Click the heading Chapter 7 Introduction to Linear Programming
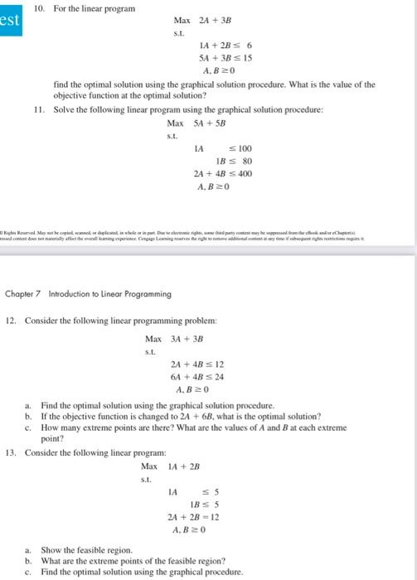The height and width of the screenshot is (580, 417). coord(88,293)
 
